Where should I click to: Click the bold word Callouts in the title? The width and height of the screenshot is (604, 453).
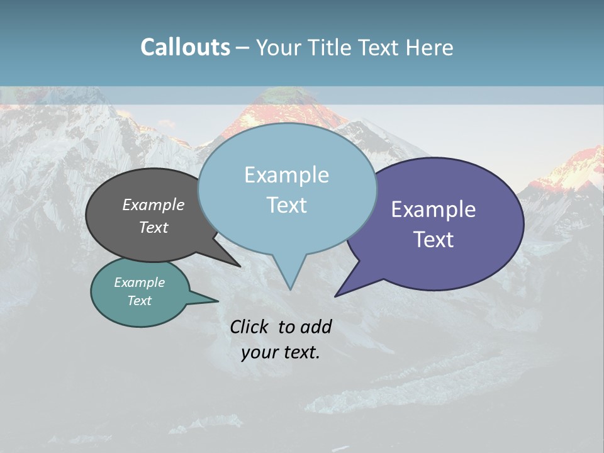(x=185, y=47)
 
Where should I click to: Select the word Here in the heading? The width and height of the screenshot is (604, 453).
(x=430, y=47)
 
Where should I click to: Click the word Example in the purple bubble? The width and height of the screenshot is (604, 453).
(x=433, y=210)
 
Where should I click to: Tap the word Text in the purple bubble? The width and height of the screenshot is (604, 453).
(x=433, y=239)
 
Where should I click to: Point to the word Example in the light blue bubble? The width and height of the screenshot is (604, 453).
(x=286, y=175)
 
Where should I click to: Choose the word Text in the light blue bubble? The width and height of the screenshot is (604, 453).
(x=286, y=205)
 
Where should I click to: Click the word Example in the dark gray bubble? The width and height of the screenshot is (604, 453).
(x=154, y=204)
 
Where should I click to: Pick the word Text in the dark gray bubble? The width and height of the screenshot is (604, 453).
(x=154, y=227)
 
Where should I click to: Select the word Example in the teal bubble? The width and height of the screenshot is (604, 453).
(x=140, y=282)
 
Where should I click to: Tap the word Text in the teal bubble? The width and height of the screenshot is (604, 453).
(x=140, y=301)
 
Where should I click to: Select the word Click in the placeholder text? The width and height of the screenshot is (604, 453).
(x=250, y=327)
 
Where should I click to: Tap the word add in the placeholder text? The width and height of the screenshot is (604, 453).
(x=316, y=327)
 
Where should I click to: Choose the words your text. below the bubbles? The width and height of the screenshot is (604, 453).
(x=281, y=352)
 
